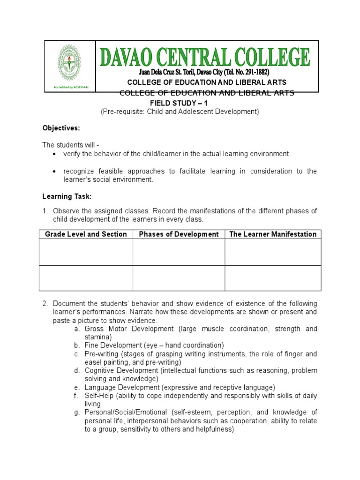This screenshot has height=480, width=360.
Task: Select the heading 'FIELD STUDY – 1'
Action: (174, 103)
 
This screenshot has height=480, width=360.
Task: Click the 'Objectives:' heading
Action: (61, 128)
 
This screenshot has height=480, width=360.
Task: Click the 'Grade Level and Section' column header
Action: (86, 234)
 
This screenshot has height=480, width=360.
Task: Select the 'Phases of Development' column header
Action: (179, 234)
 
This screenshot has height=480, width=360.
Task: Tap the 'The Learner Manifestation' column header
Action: (272, 234)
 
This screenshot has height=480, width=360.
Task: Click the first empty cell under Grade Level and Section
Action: (86, 252)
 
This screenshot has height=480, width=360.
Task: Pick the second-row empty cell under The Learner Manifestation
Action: (272, 278)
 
